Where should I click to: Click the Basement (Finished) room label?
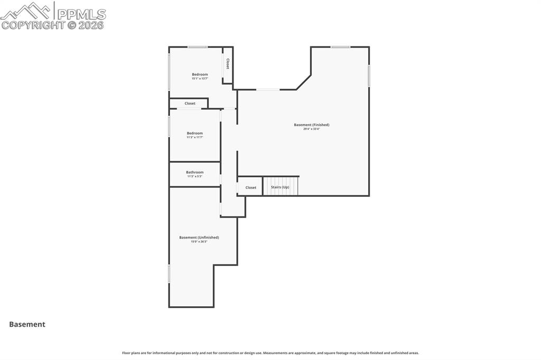(311, 125)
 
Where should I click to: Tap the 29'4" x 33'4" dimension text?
(311, 129)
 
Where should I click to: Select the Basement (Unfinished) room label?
(199, 238)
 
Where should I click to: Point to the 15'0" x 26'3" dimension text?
(199, 242)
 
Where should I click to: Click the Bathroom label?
(194, 172)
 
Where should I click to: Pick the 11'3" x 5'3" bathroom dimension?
(194, 176)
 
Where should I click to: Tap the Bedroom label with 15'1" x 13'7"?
(200, 74)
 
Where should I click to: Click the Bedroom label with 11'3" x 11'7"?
(194, 133)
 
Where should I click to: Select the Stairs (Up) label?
(280, 187)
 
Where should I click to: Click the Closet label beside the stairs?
(250, 187)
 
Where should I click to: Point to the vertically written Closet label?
(228, 64)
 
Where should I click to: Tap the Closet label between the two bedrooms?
(190, 103)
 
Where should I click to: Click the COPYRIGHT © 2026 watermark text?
(53, 25)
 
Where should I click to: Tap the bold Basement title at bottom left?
(27, 325)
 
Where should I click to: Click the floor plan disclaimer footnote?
(270, 353)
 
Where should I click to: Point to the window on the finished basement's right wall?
(369, 75)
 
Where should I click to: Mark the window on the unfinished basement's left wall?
(169, 273)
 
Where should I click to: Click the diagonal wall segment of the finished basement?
(303, 82)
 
